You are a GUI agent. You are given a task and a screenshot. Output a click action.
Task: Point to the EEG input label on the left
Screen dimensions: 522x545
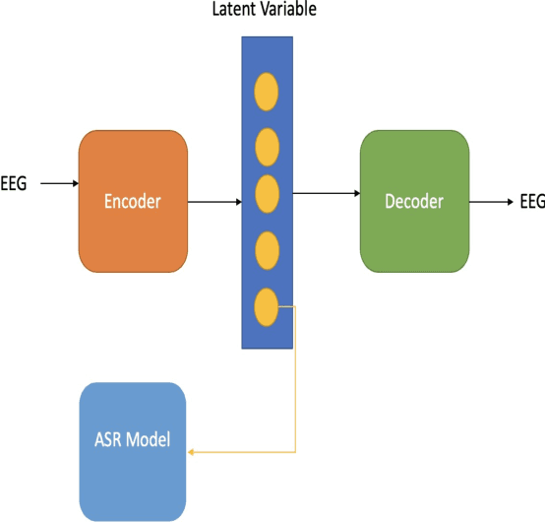[14, 183]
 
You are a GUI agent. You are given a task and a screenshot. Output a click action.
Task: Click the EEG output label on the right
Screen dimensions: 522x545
[531, 202]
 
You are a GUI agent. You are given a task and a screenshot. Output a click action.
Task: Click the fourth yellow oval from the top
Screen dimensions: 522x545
[267, 251]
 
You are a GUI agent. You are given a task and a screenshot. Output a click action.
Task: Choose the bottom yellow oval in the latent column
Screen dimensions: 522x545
[267, 306]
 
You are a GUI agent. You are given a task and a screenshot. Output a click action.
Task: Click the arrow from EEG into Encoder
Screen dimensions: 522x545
[59, 183]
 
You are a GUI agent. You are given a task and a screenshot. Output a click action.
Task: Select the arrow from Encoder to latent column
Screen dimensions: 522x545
[213, 202]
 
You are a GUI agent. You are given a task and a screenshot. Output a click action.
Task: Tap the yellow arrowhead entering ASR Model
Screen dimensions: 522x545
[191, 452]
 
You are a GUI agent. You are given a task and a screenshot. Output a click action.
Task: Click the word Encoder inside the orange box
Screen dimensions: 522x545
[133, 201]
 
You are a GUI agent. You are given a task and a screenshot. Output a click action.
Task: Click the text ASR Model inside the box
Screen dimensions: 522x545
[133, 438]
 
